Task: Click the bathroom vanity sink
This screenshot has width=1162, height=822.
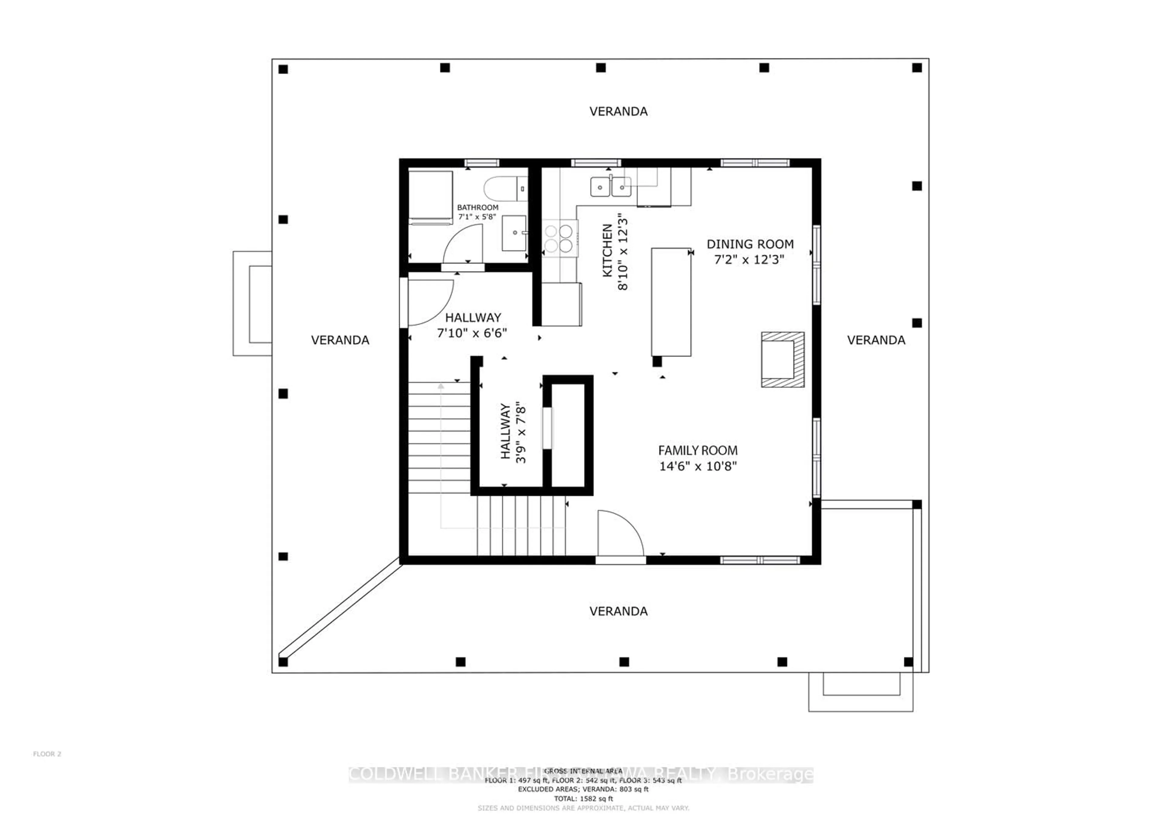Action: (x=514, y=233)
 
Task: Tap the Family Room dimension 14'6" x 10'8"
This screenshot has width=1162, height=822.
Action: (x=698, y=466)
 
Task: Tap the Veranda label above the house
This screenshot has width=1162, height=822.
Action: (x=618, y=111)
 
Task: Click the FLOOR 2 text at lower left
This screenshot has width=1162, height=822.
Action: (x=47, y=754)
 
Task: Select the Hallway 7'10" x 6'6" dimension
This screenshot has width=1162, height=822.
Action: (x=472, y=333)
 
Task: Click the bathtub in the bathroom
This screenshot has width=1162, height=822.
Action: (x=430, y=197)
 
